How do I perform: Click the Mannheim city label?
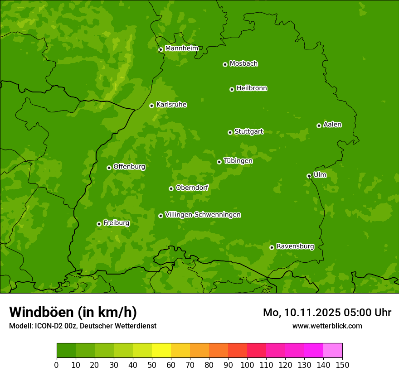(181, 48)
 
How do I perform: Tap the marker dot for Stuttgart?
(230, 132)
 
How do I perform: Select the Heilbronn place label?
(252, 88)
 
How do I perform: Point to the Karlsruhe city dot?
(151, 106)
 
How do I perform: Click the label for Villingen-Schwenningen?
(203, 215)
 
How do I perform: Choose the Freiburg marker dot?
(99, 224)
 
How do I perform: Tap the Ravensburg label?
(295, 246)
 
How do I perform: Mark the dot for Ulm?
(309, 176)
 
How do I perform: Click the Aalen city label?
(332, 125)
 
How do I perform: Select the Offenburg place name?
(129, 167)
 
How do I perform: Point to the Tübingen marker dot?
(219, 162)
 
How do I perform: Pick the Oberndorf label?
(192, 188)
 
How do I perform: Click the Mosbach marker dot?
(225, 64)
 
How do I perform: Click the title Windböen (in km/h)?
(73, 312)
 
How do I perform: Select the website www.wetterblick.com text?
(327, 326)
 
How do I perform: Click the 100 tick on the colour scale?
(247, 365)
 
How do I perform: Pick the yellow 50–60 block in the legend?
(161, 351)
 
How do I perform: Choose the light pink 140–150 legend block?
(333, 351)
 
